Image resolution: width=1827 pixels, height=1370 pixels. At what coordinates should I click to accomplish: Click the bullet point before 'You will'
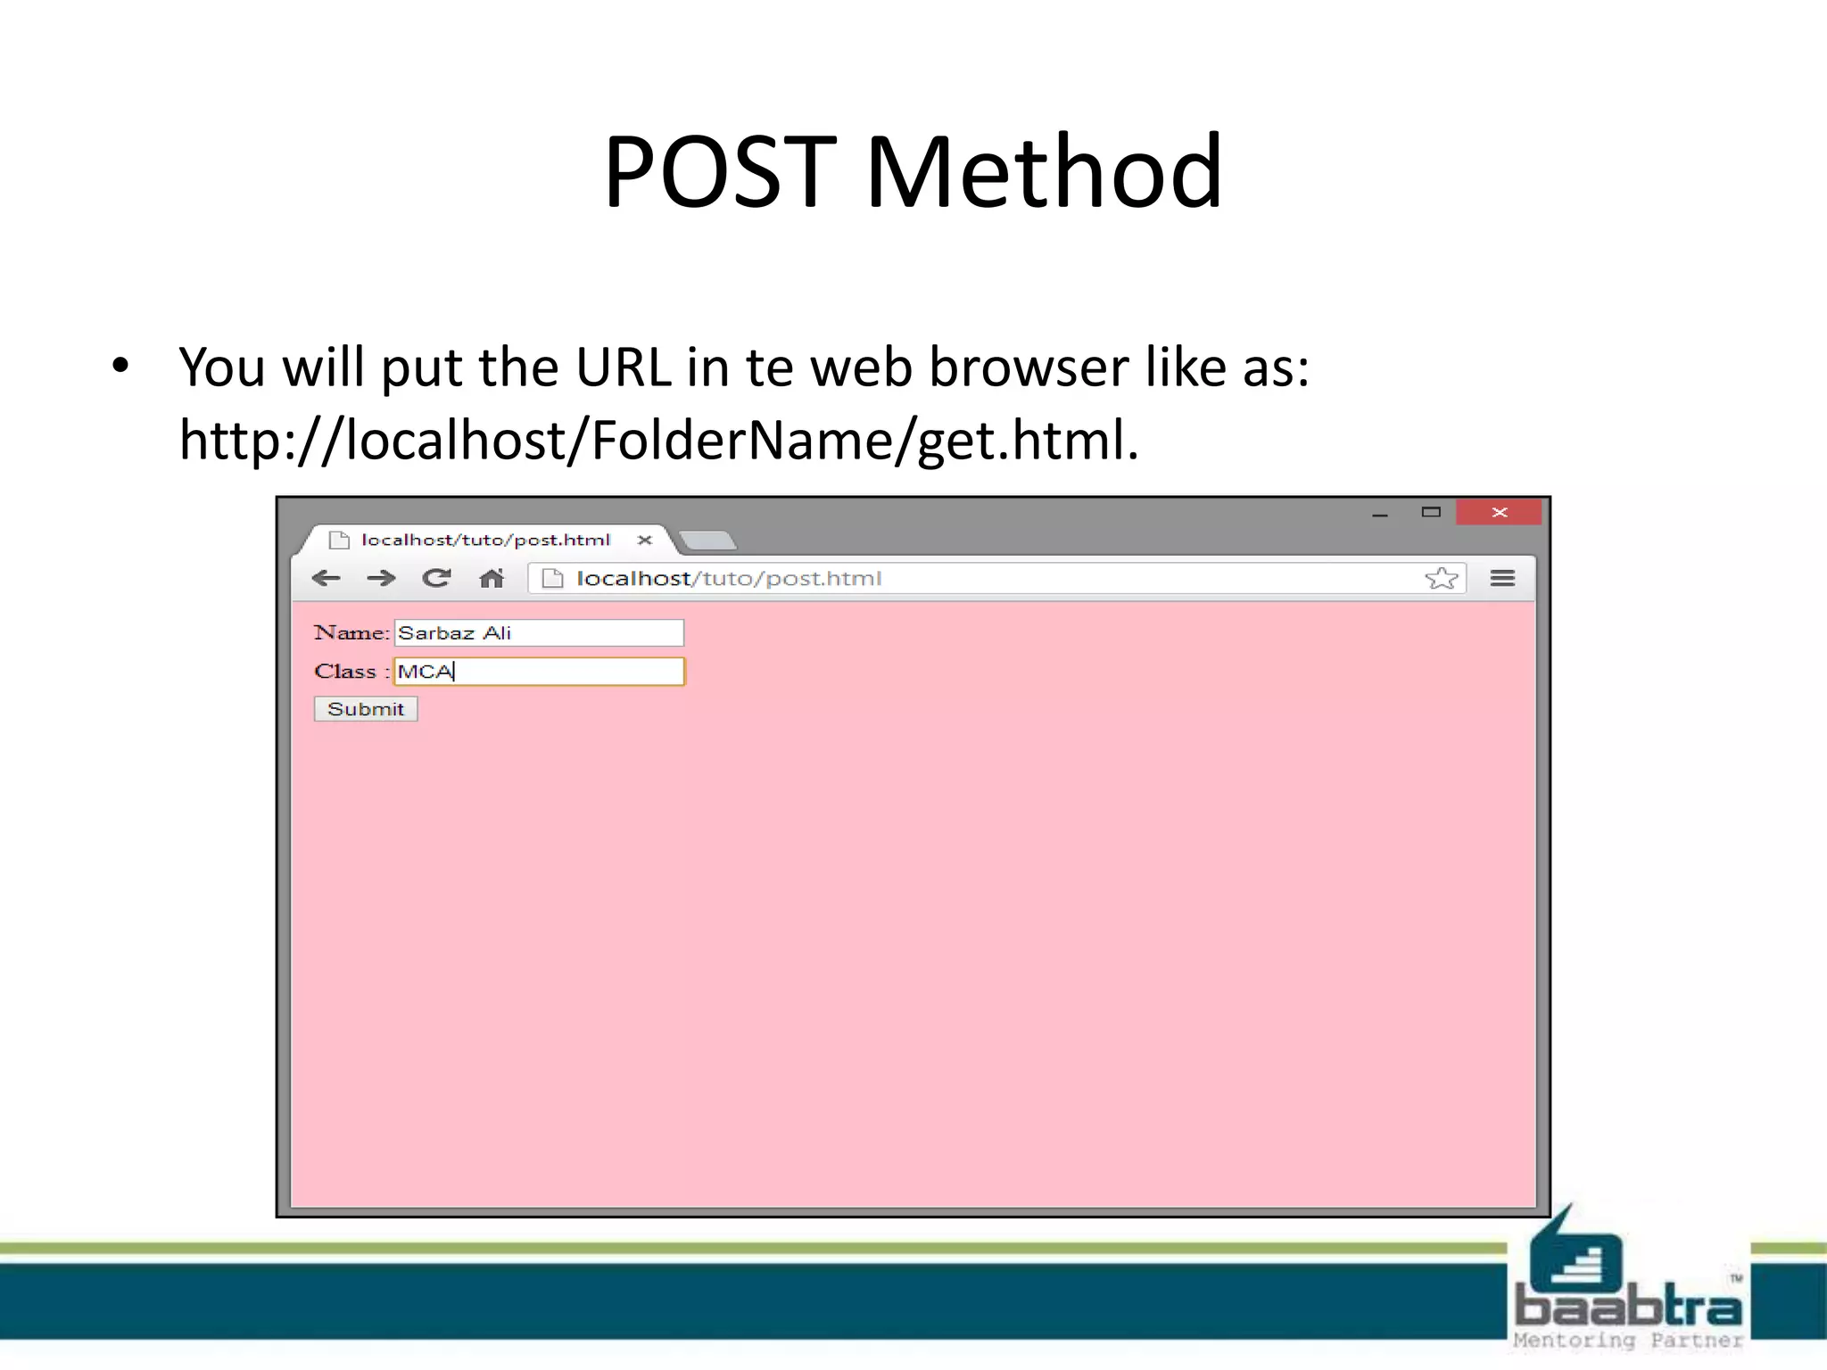[120, 366]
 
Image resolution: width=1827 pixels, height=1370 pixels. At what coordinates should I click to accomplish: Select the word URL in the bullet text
[623, 367]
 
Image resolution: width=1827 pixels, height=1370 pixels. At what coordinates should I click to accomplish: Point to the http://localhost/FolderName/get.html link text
[658, 440]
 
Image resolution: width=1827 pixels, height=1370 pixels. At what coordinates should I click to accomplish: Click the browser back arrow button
[327, 578]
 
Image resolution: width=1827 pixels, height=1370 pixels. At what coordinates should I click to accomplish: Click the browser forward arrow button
[381, 578]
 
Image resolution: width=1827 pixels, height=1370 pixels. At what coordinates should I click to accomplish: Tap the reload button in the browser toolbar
[436, 578]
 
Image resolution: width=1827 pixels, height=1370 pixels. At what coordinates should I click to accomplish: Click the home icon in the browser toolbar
[492, 579]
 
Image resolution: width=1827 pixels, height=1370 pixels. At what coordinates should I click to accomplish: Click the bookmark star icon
[1441, 579]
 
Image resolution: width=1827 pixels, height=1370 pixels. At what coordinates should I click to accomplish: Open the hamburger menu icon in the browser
[1502, 579]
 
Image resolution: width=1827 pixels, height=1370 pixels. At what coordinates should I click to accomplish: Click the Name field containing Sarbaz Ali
[539, 632]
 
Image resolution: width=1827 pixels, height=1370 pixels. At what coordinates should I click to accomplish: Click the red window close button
[1499, 512]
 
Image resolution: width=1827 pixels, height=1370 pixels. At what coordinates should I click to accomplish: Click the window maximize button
[1431, 512]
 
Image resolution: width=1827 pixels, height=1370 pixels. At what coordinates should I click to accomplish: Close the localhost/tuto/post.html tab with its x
[645, 540]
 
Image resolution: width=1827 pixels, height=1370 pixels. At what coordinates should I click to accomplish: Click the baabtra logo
[1628, 1284]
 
